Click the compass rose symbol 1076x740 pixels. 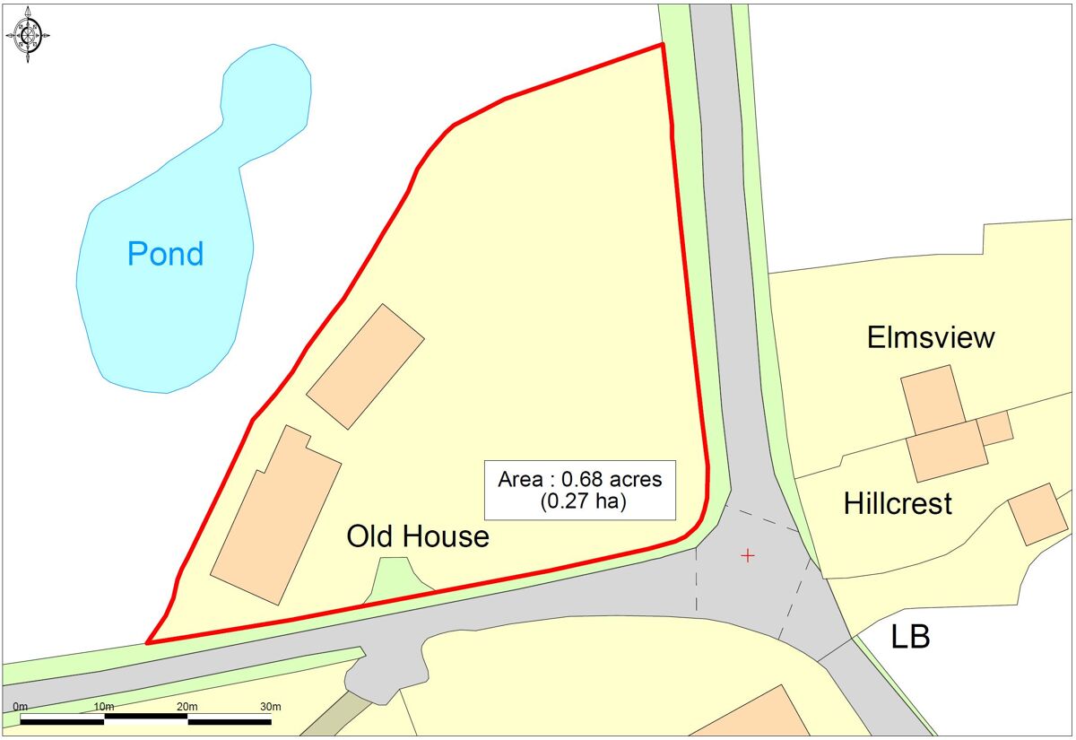tap(27, 36)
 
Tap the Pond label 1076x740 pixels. tap(165, 254)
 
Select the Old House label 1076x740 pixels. tap(418, 536)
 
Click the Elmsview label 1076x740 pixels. tap(931, 337)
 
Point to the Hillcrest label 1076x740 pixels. tap(898, 503)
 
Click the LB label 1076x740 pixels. tap(910, 637)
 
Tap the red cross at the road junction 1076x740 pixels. tap(748, 556)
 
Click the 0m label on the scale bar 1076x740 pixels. tap(21, 707)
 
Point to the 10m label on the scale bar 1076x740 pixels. tap(104, 707)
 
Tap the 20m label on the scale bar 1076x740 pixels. tap(187, 707)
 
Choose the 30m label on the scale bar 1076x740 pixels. tap(271, 707)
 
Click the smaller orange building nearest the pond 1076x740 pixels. tap(365, 366)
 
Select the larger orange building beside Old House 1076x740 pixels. tap(275, 516)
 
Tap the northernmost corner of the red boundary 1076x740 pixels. tap(662, 44)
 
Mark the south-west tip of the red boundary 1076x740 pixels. tap(147, 642)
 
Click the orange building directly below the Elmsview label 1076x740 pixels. tap(933, 399)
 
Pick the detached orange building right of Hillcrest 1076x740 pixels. tap(1037, 514)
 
